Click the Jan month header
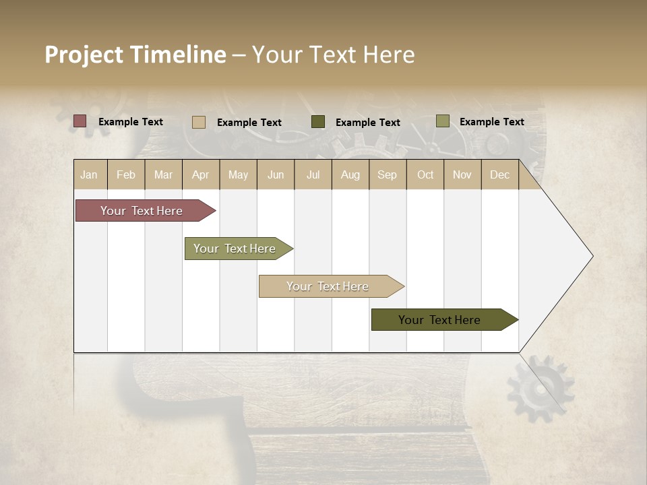(x=89, y=174)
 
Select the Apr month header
(x=200, y=174)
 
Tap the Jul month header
(x=313, y=174)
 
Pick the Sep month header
(x=387, y=174)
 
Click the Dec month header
(x=499, y=174)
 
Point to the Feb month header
(x=126, y=174)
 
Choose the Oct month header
(x=425, y=174)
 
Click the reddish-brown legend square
(x=80, y=121)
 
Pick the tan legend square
(x=199, y=122)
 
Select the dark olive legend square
(x=318, y=122)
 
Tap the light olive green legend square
(x=442, y=121)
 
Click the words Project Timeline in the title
(x=135, y=55)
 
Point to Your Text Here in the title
(x=334, y=55)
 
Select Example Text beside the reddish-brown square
(x=131, y=122)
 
